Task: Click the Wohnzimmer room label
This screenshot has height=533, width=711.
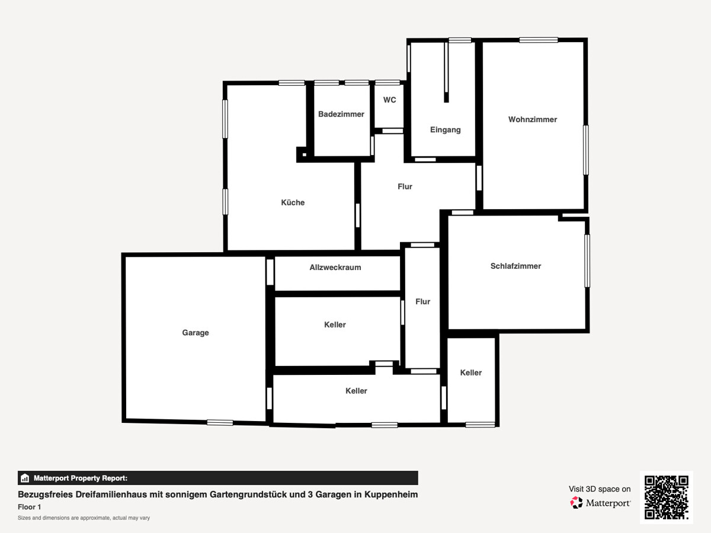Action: coord(533,120)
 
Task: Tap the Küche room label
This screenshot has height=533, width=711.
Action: coord(293,203)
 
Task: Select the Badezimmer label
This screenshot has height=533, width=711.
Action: coord(341,114)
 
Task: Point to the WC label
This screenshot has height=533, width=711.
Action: coord(390,100)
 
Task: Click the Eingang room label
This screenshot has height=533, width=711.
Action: coord(446,130)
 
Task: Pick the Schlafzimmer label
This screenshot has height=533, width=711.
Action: coord(515,266)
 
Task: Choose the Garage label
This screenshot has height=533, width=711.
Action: coord(196,333)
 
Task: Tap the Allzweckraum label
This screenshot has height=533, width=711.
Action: coord(335,267)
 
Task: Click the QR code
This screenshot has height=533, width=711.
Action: coord(667,497)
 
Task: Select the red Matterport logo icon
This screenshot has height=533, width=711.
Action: coord(577,503)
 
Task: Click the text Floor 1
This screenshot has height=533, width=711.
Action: coord(30,507)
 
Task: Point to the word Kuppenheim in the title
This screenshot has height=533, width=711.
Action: coord(391,495)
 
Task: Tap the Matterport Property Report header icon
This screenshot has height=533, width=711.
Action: coord(25,478)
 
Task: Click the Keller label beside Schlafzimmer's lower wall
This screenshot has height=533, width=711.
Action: coord(471,373)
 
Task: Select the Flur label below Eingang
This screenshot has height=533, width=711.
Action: coord(405,187)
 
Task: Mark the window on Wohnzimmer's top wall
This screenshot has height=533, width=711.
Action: coord(539,40)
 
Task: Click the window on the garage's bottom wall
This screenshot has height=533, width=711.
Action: coord(220,422)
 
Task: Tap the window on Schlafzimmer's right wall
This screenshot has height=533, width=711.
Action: coord(587,261)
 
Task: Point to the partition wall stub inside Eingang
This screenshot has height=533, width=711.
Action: coord(446,72)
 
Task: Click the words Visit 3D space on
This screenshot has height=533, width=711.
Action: coord(600,489)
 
